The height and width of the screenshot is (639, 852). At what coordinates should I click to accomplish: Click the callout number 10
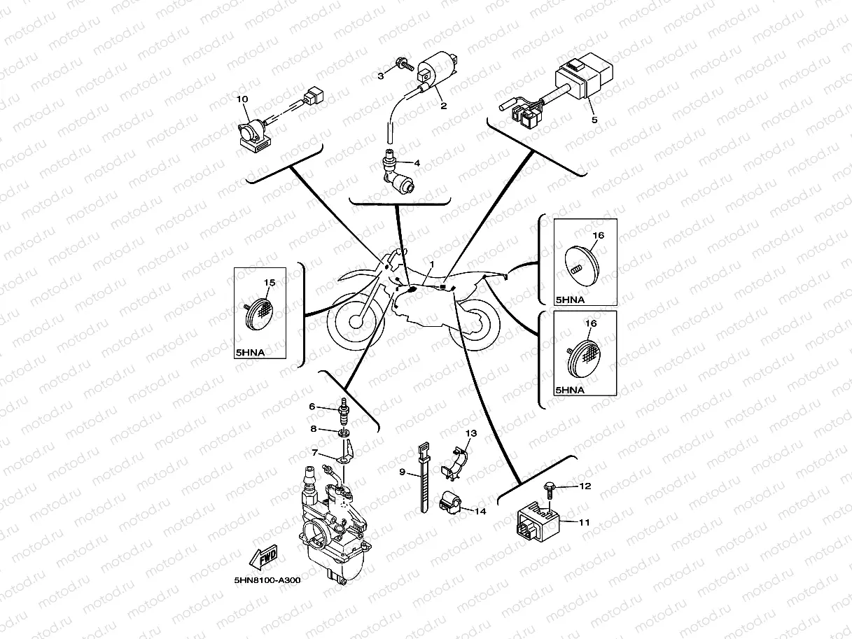pos(242,99)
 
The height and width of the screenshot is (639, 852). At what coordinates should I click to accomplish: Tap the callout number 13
pos(471,433)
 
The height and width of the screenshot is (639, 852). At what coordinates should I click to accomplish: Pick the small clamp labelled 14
pos(448,503)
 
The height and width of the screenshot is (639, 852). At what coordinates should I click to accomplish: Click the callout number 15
pos(270,282)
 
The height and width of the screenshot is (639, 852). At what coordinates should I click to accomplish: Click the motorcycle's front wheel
pos(358,321)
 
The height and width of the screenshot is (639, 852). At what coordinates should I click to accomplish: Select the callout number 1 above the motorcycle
pos(433,265)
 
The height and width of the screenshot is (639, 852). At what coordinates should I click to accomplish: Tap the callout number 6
pos(313,406)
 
